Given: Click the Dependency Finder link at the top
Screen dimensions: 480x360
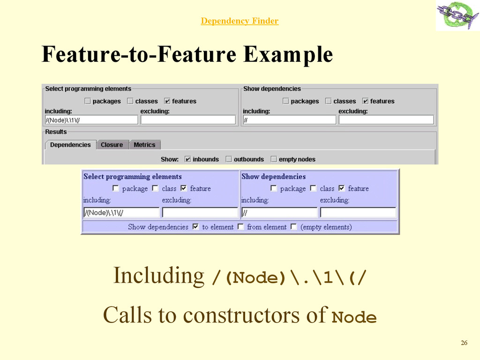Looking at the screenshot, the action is [x=240, y=21].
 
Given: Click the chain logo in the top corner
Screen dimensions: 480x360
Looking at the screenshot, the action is [x=457, y=15].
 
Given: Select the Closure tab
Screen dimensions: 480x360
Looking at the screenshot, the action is [x=112, y=145].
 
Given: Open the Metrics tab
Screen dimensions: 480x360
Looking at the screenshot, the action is [x=144, y=145].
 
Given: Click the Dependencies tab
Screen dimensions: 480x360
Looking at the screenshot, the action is [x=70, y=145].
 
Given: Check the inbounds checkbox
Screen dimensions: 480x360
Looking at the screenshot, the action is [x=188, y=159].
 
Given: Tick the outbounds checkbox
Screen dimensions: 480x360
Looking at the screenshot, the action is [x=229, y=159].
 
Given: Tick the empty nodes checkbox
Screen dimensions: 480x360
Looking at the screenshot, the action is [x=274, y=159].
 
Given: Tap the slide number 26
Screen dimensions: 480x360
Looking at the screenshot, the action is [x=464, y=343].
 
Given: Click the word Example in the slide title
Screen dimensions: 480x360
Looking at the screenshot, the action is [x=287, y=55].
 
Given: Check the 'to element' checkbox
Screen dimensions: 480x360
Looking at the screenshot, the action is [x=195, y=227].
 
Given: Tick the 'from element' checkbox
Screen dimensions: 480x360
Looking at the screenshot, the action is [x=240, y=227].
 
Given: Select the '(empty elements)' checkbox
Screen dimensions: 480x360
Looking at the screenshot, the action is [x=293, y=227].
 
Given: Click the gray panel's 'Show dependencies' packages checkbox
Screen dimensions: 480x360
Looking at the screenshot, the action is [x=286, y=101].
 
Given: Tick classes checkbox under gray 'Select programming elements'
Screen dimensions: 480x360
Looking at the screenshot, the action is [x=130, y=101].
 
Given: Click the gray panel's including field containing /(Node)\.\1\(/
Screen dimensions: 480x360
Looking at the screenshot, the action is [x=91, y=120].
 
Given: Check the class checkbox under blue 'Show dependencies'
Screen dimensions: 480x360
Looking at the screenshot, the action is [x=313, y=188].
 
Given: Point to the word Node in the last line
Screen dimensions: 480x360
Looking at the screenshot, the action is [x=354, y=318].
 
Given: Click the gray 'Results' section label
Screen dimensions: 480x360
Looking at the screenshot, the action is [x=56, y=132].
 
